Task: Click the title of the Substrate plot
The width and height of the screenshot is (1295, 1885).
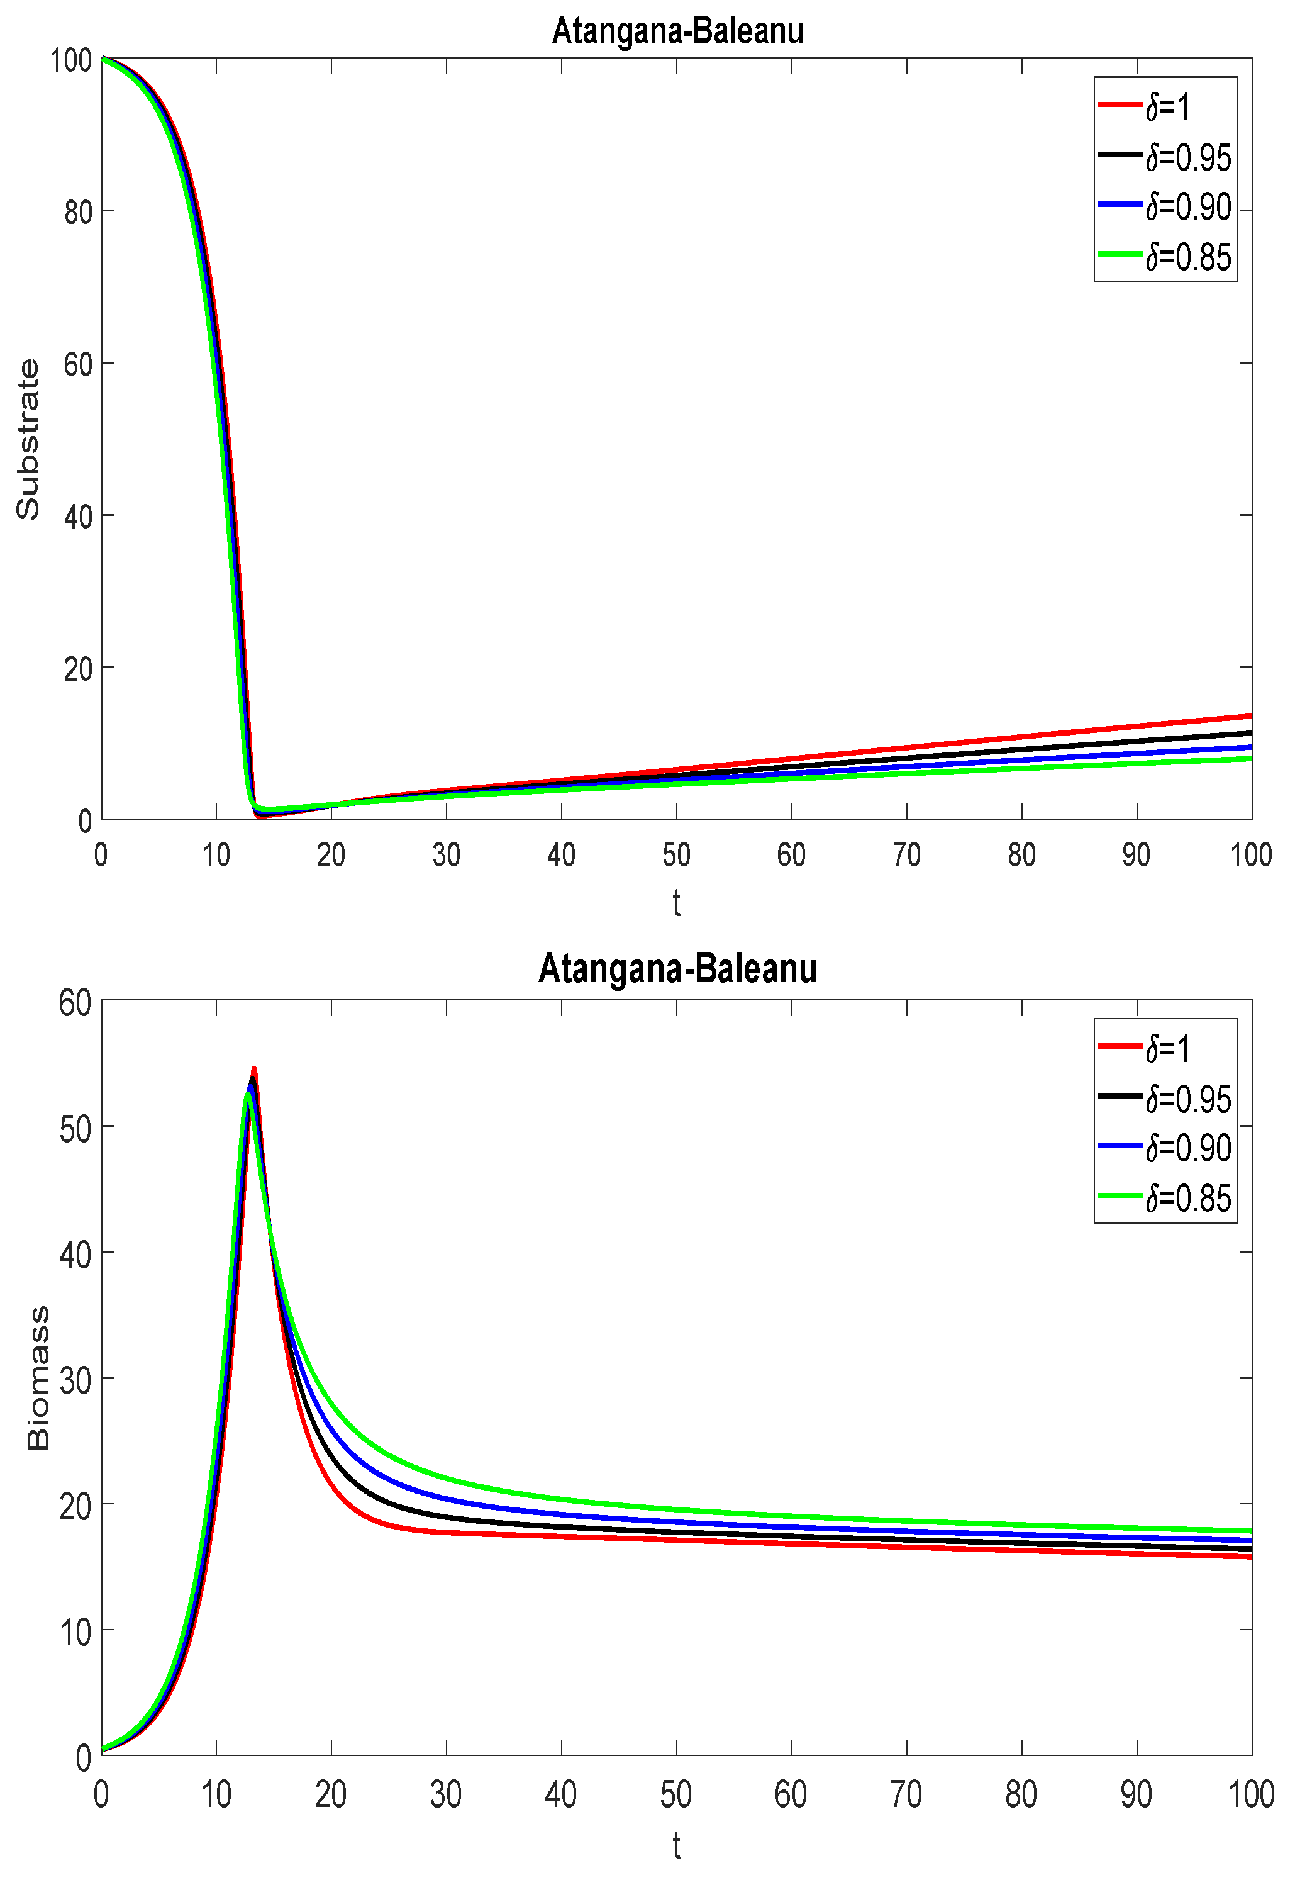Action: coord(677,31)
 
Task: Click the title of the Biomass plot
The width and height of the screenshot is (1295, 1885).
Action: coord(677,968)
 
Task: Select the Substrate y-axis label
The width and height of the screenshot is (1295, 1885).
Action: coord(28,439)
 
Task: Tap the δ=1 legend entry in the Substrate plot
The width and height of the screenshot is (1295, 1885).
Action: coord(1167,106)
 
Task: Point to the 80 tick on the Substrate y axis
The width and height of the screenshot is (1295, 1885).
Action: coord(78,212)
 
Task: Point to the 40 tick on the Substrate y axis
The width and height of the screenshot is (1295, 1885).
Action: coord(78,516)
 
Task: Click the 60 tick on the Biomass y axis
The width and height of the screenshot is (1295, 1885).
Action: coord(75,1003)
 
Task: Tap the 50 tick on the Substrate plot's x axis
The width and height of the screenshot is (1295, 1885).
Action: coord(676,854)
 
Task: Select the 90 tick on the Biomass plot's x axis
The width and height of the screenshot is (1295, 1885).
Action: coord(1136,1794)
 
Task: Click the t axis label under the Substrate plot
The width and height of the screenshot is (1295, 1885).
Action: coord(676,902)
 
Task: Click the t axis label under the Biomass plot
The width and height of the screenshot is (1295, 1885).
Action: coord(676,1845)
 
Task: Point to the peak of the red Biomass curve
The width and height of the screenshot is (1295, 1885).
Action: coord(254,1070)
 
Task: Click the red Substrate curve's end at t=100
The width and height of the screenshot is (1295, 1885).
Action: coord(1250,716)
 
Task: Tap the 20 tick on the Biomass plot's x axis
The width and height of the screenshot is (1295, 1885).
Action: coord(331,1794)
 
